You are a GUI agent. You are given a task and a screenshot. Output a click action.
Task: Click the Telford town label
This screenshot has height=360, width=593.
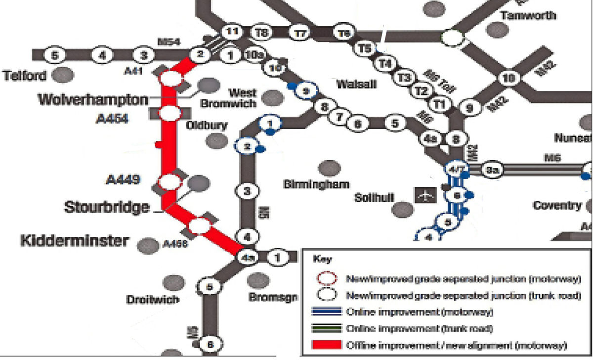click(x=25, y=76)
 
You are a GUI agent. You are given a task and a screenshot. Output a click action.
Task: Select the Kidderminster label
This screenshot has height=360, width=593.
click(x=74, y=241)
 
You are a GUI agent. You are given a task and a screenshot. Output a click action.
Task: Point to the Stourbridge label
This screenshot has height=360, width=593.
click(x=107, y=207)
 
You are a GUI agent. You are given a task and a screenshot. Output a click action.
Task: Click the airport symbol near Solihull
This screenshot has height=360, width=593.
click(x=424, y=195)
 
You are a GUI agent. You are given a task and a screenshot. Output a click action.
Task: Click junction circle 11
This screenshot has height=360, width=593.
click(x=231, y=32)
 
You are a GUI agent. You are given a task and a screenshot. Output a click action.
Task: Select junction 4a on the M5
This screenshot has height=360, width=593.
click(x=247, y=258)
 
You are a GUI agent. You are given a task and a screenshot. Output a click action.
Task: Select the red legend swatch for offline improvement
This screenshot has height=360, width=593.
click(x=327, y=345)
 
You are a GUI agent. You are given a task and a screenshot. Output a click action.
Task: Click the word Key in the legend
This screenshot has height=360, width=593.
click(x=321, y=259)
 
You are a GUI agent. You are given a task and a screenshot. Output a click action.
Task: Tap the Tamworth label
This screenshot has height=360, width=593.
click(x=528, y=15)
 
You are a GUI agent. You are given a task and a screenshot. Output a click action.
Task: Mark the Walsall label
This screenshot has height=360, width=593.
click(x=356, y=85)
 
